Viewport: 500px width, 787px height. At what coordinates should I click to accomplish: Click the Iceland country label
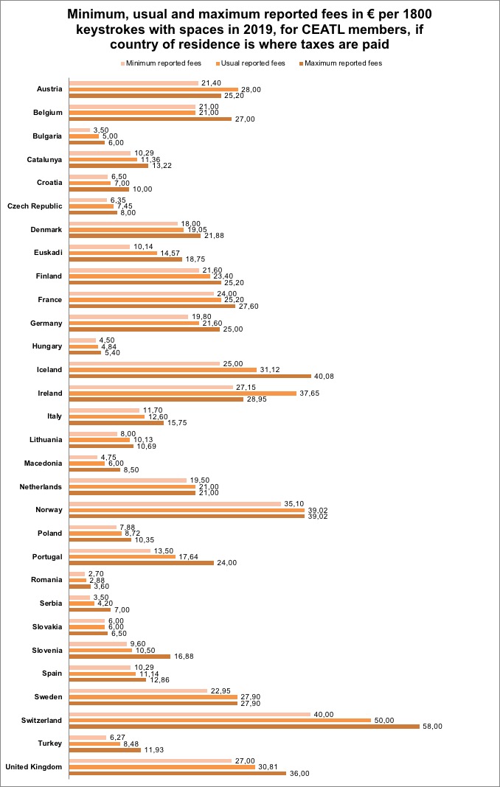(x=49, y=369)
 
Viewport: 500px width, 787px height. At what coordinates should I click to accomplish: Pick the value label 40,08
(x=324, y=376)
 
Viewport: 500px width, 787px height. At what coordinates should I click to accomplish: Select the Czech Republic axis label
(x=35, y=207)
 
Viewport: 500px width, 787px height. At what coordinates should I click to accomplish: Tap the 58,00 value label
(x=431, y=726)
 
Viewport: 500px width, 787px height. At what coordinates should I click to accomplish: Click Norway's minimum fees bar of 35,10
(x=176, y=503)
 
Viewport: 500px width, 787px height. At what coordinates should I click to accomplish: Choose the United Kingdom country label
(x=34, y=766)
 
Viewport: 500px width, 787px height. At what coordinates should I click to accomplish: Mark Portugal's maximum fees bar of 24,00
(x=142, y=562)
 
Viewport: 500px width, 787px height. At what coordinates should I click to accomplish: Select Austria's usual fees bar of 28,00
(x=153, y=89)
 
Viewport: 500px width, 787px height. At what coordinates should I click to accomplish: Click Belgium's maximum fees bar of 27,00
(x=150, y=119)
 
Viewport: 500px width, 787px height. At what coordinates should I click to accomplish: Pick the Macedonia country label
(x=44, y=464)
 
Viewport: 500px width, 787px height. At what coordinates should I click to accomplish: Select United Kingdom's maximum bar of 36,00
(x=177, y=773)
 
